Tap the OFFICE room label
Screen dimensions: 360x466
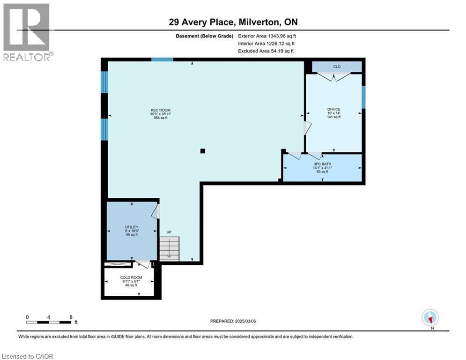[333, 109]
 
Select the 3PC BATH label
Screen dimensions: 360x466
[321, 164]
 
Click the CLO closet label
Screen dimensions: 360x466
[336, 67]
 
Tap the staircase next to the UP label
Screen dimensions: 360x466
[169, 248]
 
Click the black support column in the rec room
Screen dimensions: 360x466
[202, 151]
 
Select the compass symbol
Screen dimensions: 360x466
[429, 317]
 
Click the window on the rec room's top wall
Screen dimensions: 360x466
[162, 60]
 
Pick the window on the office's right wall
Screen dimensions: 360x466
[363, 97]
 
